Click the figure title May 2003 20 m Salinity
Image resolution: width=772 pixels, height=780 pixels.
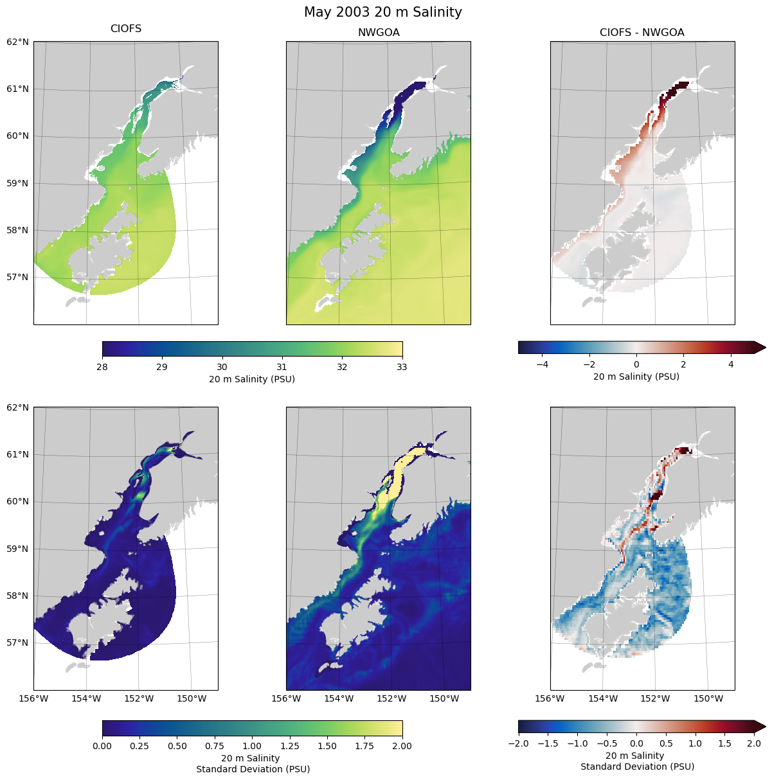pyautogui.click(x=383, y=12)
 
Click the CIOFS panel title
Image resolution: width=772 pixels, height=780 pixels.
pyautogui.click(x=126, y=29)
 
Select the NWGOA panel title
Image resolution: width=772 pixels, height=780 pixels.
pyautogui.click(x=379, y=33)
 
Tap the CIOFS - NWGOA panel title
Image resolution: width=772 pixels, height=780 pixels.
pyautogui.click(x=642, y=33)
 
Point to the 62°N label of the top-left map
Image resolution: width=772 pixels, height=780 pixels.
pyautogui.click(x=18, y=42)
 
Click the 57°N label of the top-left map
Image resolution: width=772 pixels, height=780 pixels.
pyautogui.click(x=18, y=278)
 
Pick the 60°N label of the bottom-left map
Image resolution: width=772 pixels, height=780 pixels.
pyautogui.click(x=18, y=502)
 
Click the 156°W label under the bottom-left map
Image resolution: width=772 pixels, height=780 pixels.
pyautogui.click(x=33, y=698)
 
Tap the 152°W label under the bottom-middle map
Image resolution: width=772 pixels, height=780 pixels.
pyautogui.click(x=391, y=698)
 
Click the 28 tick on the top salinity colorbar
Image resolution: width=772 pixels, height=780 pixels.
pyautogui.click(x=102, y=367)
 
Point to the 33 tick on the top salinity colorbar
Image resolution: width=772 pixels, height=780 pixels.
pyautogui.click(x=402, y=367)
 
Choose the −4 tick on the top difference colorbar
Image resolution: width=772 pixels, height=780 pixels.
pyautogui.click(x=542, y=364)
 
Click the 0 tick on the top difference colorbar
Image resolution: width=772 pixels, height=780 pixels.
pyautogui.click(x=636, y=364)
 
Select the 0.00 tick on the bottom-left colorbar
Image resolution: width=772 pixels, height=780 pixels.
pyautogui.click(x=102, y=746)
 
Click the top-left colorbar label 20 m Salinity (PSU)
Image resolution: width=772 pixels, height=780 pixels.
pyautogui.click(x=252, y=379)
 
